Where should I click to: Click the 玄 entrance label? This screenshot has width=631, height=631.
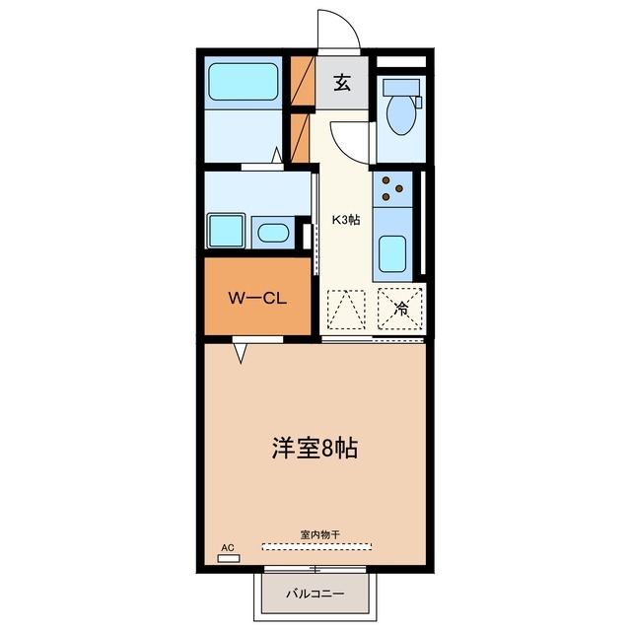click(x=341, y=83)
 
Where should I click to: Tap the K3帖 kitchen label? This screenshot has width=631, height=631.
click(x=345, y=219)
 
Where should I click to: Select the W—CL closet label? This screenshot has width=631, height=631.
click(x=257, y=297)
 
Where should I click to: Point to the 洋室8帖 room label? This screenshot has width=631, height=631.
click(x=315, y=449)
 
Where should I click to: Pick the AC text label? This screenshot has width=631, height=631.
click(x=228, y=547)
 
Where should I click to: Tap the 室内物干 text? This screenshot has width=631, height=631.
click(x=319, y=534)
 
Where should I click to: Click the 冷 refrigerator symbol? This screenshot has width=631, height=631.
click(x=401, y=309)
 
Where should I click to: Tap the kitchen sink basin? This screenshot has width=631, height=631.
click(x=393, y=255)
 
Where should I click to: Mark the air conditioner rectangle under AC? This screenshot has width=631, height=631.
click(x=229, y=558)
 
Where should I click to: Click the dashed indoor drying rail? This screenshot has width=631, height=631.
click(x=317, y=544)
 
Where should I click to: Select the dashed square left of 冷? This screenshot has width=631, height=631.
click(x=346, y=309)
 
